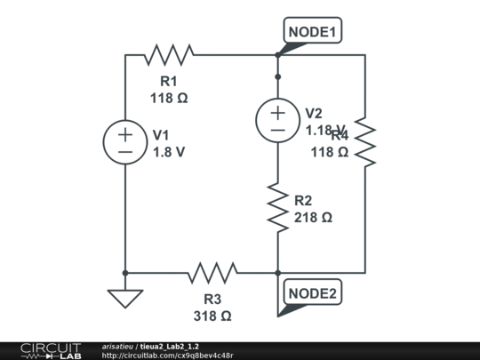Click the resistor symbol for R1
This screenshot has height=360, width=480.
169,55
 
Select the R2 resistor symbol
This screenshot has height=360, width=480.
278,208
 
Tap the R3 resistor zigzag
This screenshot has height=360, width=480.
212,273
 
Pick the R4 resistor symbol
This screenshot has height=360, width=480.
365,142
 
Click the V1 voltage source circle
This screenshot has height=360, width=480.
125,143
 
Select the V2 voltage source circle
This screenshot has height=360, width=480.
278,121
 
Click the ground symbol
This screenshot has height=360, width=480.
125,297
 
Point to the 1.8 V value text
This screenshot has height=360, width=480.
169,152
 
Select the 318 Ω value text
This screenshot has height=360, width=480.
212,316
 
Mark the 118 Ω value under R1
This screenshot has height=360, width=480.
169,98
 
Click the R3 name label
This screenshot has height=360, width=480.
212,300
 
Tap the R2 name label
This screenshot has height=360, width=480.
303,200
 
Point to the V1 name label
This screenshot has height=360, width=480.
161,135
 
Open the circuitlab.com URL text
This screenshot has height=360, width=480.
168,356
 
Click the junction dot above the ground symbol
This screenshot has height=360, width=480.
125,273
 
